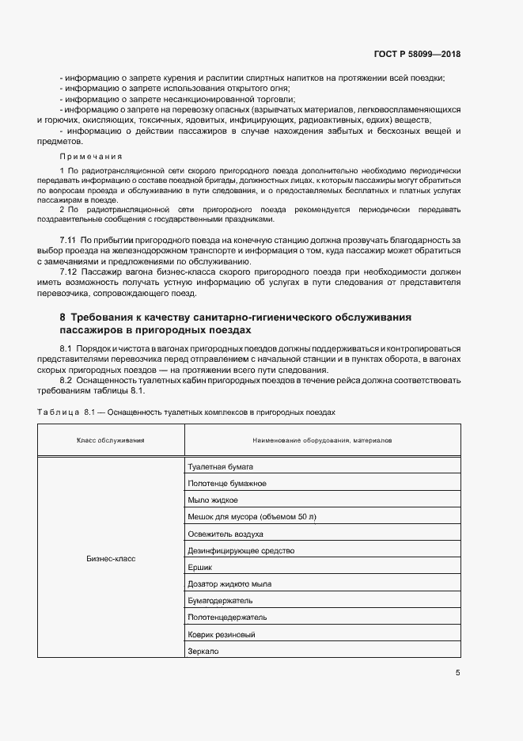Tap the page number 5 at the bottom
[x=458, y=673]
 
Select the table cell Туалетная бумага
[x=220, y=466]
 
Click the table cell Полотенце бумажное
[x=226, y=483]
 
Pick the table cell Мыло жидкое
[x=213, y=500]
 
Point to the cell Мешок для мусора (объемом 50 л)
[x=252, y=517]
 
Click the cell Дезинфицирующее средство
[x=241, y=550]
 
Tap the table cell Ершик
[x=200, y=567]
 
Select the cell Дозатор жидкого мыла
[x=229, y=583]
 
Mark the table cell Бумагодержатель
[x=219, y=601]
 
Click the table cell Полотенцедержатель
[x=227, y=617]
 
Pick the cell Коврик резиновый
[x=221, y=634]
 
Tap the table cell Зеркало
[x=203, y=651]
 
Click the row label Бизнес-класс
[x=111, y=558]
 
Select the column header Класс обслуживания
[x=111, y=440]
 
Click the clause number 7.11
[x=67, y=239]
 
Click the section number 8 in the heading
[x=63, y=317]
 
